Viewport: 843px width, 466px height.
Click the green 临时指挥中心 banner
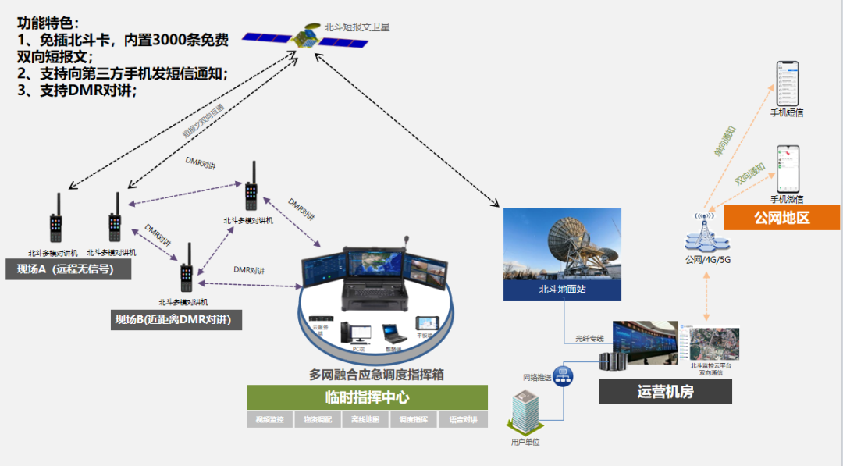pyautogui.click(x=367, y=397)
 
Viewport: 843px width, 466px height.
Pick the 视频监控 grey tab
pyautogui.click(x=270, y=420)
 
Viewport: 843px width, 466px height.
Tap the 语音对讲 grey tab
pyautogui.click(x=463, y=420)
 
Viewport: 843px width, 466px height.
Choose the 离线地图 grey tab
pyautogui.click(x=366, y=420)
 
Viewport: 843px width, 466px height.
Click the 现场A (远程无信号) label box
pyautogui.click(x=69, y=269)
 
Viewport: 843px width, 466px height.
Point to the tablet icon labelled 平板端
pyautogui.click(x=427, y=323)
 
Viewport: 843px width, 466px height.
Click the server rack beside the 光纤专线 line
pyautogui.click(x=610, y=361)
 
